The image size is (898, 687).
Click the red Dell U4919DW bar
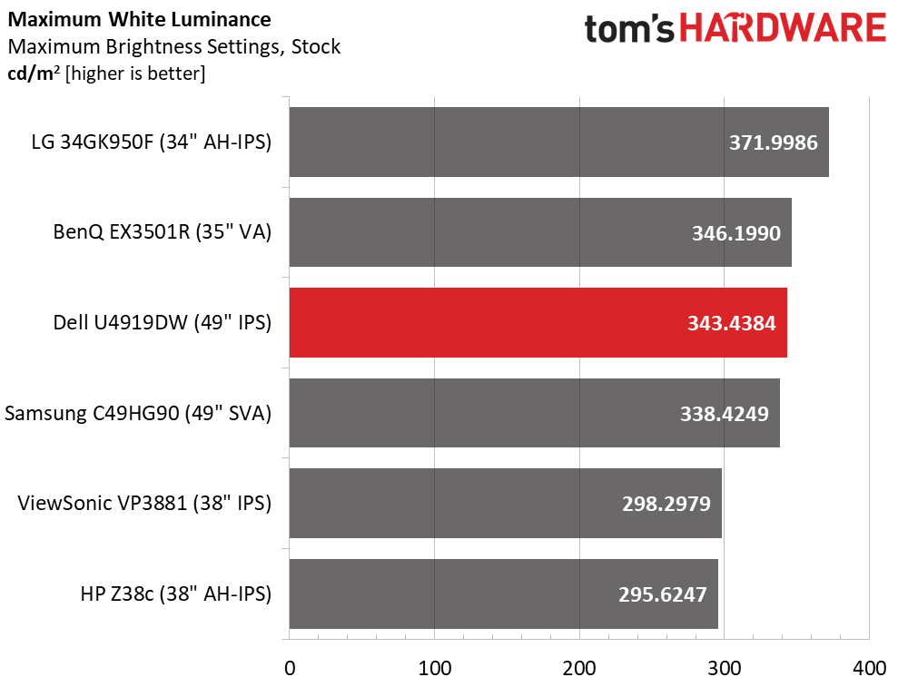click(538, 323)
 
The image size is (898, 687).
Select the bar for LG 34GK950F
click(559, 142)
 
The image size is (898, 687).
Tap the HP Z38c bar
click(503, 594)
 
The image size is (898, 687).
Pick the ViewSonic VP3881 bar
click(505, 504)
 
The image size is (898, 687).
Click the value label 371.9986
click(773, 142)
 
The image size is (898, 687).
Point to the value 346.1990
click(736, 233)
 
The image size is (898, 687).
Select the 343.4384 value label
click(731, 323)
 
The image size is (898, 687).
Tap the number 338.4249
click(724, 414)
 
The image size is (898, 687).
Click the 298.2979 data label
click(666, 504)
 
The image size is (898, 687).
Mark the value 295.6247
click(662, 594)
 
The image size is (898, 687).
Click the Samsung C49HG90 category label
click(138, 413)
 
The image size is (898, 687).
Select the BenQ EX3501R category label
click(162, 232)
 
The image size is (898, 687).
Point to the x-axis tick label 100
click(434, 668)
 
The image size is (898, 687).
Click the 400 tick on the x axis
click(869, 668)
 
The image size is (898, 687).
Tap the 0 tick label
click(290, 668)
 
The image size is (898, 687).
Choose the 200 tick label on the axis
click(579, 668)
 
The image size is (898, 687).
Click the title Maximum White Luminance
click(139, 19)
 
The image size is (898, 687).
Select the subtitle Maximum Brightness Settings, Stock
click(174, 46)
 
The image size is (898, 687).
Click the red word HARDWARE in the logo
click(783, 28)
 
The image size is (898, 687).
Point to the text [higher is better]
click(135, 74)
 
